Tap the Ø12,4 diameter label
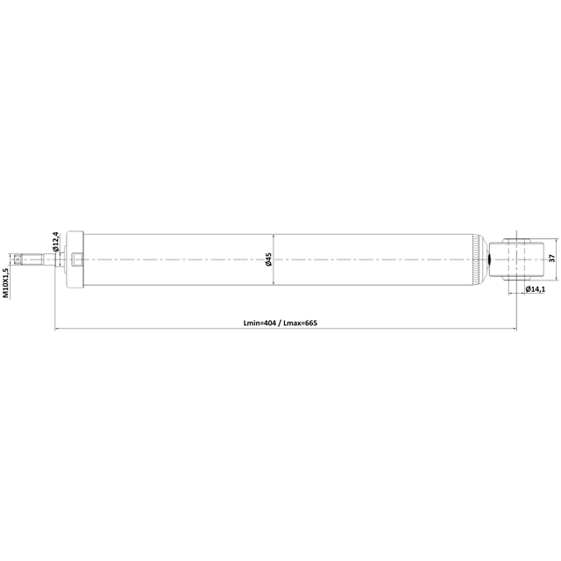click(55, 242)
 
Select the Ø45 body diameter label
click(268, 259)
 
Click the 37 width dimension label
click(551, 259)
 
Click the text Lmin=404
click(259, 323)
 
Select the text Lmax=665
click(301, 323)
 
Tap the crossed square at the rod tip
click(18, 259)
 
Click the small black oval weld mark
click(489, 259)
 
